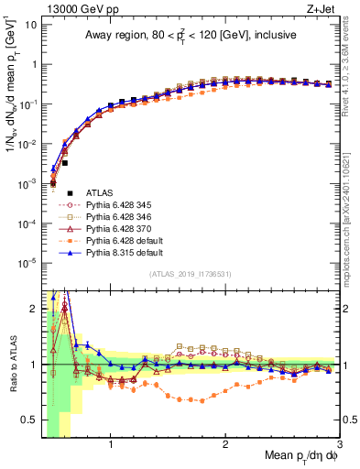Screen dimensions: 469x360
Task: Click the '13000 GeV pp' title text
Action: tap(70, 8)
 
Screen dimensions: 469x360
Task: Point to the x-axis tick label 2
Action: tap(224, 444)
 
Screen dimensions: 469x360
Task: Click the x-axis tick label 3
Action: tap(339, 444)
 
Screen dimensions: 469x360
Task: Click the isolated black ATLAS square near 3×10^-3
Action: tap(65, 163)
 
